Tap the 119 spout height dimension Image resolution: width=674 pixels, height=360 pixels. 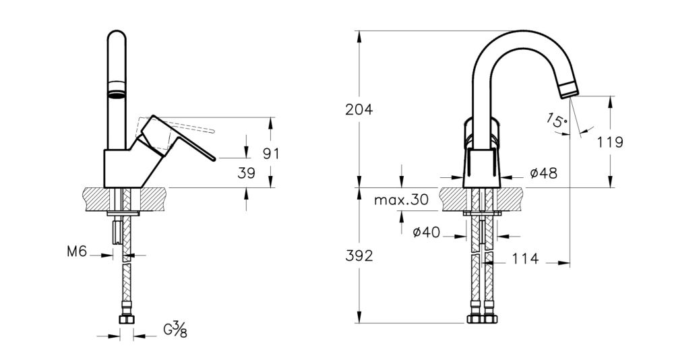coord(609,142)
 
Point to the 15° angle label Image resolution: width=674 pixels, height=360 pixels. coord(557,121)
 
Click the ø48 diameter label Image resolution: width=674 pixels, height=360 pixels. coord(543,173)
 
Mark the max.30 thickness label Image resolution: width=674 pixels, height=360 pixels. coord(401,200)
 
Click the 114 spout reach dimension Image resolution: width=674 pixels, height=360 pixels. coord(526,260)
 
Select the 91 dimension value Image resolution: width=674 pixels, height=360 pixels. coord(270,153)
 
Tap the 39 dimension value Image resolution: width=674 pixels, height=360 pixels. coord(247,173)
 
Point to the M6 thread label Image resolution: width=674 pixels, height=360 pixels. coord(78,252)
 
